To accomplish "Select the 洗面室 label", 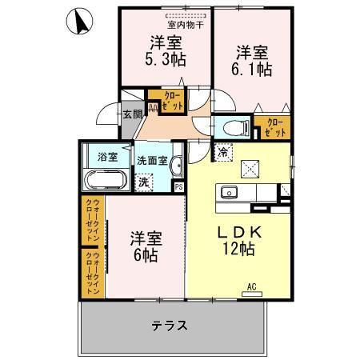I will point(150,159).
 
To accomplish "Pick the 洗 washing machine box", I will point(143,181).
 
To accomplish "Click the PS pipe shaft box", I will point(178,187).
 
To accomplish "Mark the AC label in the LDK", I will point(251,286).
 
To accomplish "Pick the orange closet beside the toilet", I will point(273,126).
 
